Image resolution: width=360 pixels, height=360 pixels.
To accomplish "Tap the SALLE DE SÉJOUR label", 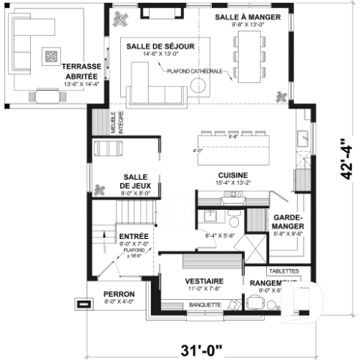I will coord(160,46).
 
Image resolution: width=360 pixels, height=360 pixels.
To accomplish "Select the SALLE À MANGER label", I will coord(241,15).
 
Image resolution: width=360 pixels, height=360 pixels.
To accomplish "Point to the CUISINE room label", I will coord(234,175).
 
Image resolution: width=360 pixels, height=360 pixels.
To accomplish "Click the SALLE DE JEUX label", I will coord(136,181).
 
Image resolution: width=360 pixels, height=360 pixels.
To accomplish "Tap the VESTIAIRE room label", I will coord(204,281).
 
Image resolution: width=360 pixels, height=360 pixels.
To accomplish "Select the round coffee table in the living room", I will coord(199,86).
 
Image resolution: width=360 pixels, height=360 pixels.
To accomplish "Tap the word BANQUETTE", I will coord(205,304).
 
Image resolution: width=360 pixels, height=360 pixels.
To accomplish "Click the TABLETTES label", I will coord(289,271).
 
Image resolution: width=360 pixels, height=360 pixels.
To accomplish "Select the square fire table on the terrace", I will coord(51,55).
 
